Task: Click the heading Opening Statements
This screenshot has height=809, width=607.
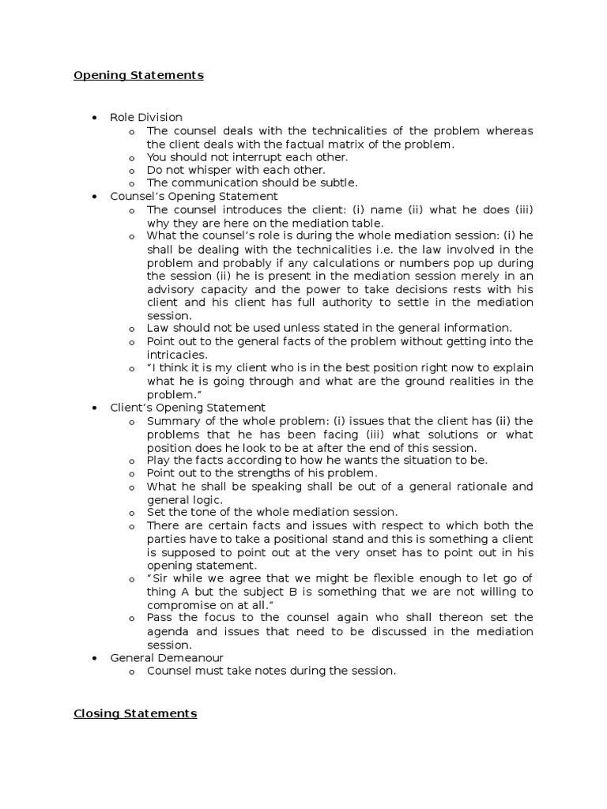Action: click(138, 76)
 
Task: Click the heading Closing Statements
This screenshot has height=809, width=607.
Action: click(135, 713)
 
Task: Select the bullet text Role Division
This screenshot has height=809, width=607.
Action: click(146, 118)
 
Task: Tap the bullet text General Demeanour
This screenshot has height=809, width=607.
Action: click(167, 657)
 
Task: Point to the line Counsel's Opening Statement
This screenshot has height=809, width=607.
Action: click(194, 196)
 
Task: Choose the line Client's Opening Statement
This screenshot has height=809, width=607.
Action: click(188, 408)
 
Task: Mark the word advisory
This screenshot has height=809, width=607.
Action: click(173, 289)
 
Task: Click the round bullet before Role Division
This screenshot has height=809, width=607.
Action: click(94, 118)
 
